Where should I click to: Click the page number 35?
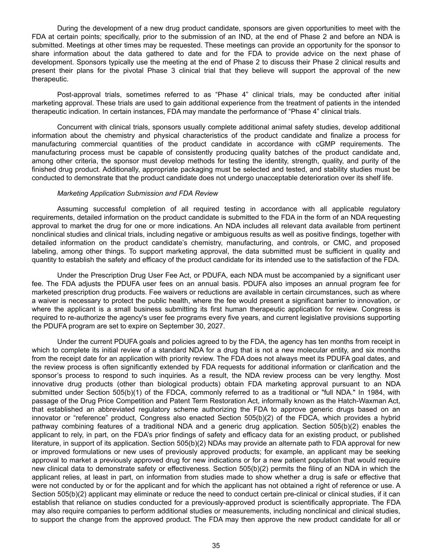click(216, 545)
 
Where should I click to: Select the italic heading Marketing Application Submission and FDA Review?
click(138, 193)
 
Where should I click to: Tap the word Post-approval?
click(77, 95)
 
